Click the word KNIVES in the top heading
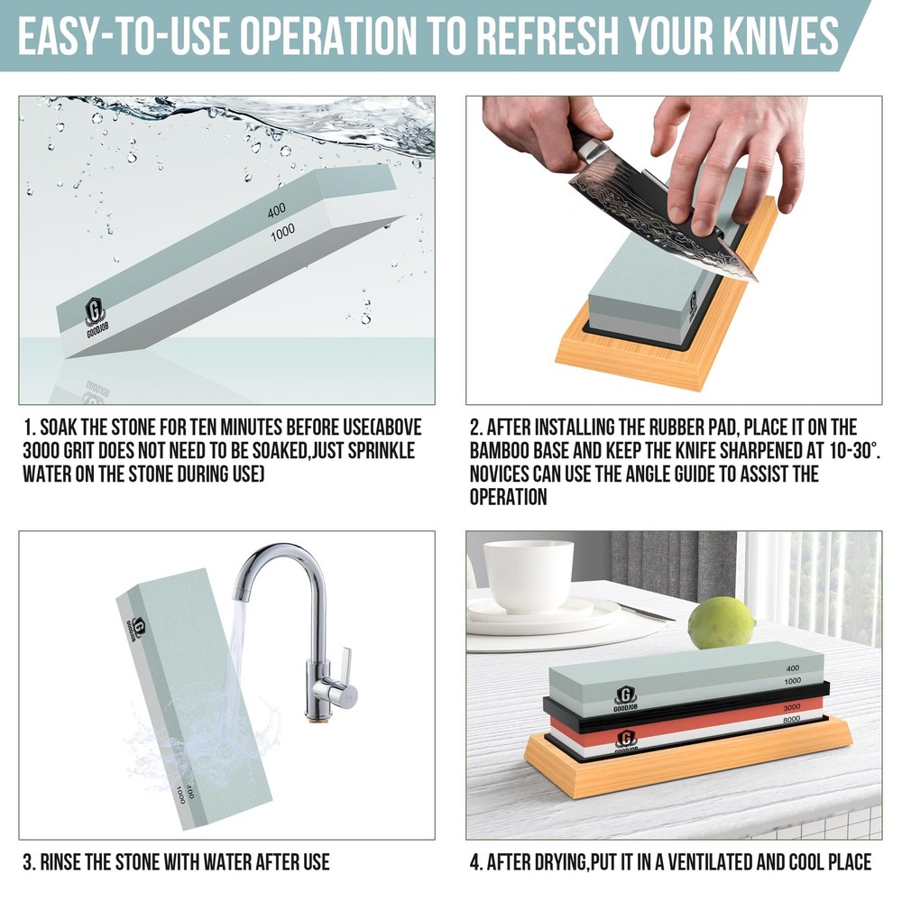point(778,35)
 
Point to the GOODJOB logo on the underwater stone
point(95,317)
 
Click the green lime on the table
point(721,622)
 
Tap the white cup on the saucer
point(529,576)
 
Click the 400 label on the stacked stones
point(793,669)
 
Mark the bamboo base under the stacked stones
point(686,763)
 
